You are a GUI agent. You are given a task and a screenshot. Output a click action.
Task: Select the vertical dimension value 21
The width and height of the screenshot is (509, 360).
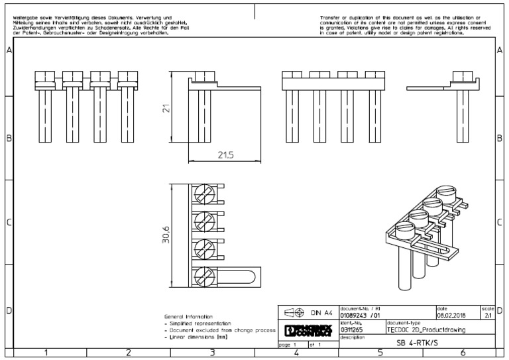click(x=168, y=107)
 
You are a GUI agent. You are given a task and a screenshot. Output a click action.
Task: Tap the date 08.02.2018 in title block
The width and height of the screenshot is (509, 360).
click(x=451, y=316)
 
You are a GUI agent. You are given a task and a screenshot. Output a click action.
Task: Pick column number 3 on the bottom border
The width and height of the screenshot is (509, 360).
click(x=212, y=353)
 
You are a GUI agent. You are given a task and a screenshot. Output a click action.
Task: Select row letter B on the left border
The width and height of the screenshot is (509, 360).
click(x=9, y=138)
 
